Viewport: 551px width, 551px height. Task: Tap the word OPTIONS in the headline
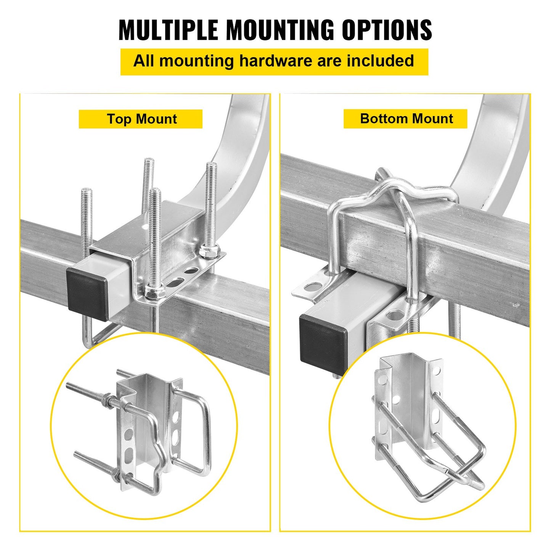coord(387,30)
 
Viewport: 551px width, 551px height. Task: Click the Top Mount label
coord(141,119)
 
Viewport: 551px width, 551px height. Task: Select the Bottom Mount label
coord(406,119)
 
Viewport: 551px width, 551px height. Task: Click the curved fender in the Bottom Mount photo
coord(496,153)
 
